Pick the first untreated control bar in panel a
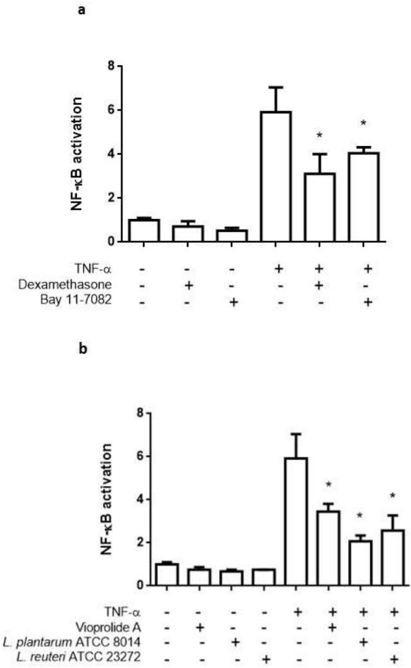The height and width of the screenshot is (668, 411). tap(143, 230)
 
